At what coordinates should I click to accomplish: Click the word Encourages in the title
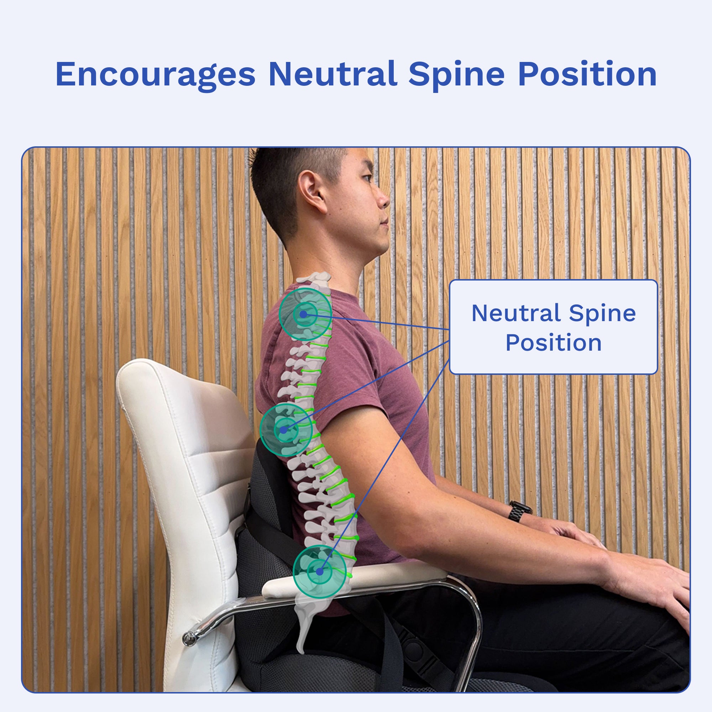155,75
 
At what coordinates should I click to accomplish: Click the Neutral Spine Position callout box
554,327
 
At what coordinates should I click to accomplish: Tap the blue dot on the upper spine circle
303,314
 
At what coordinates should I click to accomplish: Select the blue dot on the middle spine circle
283,430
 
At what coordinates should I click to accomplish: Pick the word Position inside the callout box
553,343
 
